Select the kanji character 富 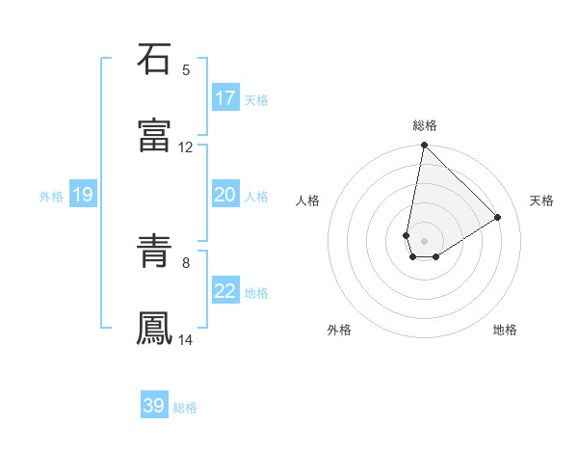pyautogui.click(x=154, y=136)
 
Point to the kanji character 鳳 pyautogui.click(x=154, y=329)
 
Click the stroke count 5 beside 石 pyautogui.click(x=186, y=69)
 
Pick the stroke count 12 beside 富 pyautogui.click(x=186, y=147)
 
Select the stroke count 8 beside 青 pyautogui.click(x=186, y=262)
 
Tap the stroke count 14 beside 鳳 pyautogui.click(x=186, y=340)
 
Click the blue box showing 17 pyautogui.click(x=225, y=98)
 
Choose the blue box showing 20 pyautogui.click(x=225, y=195)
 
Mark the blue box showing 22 pyautogui.click(x=225, y=291)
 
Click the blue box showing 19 pyautogui.click(x=83, y=195)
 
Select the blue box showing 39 pyautogui.click(x=154, y=406)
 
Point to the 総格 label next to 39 pyautogui.click(x=185, y=408)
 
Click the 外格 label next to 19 pyautogui.click(x=51, y=196)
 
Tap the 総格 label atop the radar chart pyautogui.click(x=425, y=125)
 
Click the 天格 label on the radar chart pyautogui.click(x=541, y=200)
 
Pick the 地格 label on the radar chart pyautogui.click(x=505, y=330)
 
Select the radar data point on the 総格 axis pyautogui.click(x=424, y=147)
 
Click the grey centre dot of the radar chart pyautogui.click(x=424, y=240)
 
